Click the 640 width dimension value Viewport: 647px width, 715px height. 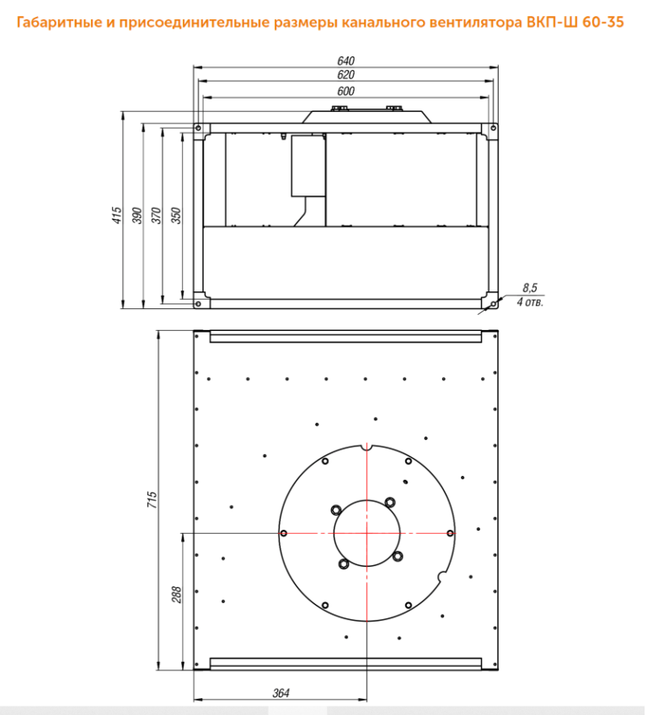coord(345,61)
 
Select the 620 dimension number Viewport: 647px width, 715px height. coord(345,75)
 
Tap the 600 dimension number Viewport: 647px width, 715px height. coord(345,91)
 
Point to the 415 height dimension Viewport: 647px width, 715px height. coord(117,216)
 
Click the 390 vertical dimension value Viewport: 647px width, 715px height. coord(136,216)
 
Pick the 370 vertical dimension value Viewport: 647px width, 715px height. coord(157,216)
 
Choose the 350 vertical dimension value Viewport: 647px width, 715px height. coord(176,216)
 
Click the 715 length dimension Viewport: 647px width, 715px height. coord(152,499)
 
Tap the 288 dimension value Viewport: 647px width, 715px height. coord(177,595)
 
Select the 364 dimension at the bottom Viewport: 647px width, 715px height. coord(281,693)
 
